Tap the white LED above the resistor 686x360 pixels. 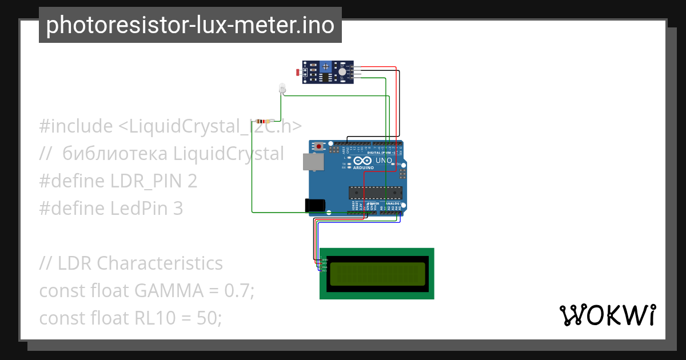tap(282, 88)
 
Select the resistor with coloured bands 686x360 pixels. tap(263, 121)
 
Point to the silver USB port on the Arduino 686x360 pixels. tap(313, 163)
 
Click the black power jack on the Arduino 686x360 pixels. tap(315, 205)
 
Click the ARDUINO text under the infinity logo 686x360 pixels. tap(364, 168)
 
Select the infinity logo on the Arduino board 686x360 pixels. tap(364, 161)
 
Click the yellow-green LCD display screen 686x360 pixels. tap(377, 274)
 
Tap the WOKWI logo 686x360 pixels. tap(608, 315)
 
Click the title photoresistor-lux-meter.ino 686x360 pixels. tap(190, 25)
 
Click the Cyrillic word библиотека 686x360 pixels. tap(115, 154)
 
